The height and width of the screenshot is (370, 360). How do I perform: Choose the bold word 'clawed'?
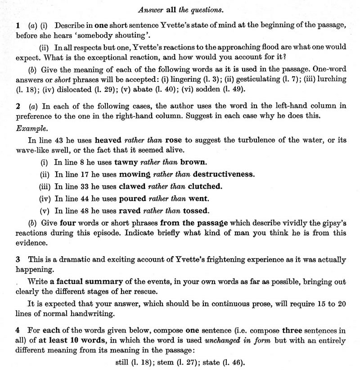(132, 186)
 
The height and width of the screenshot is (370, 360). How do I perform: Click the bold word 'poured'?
(133, 198)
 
